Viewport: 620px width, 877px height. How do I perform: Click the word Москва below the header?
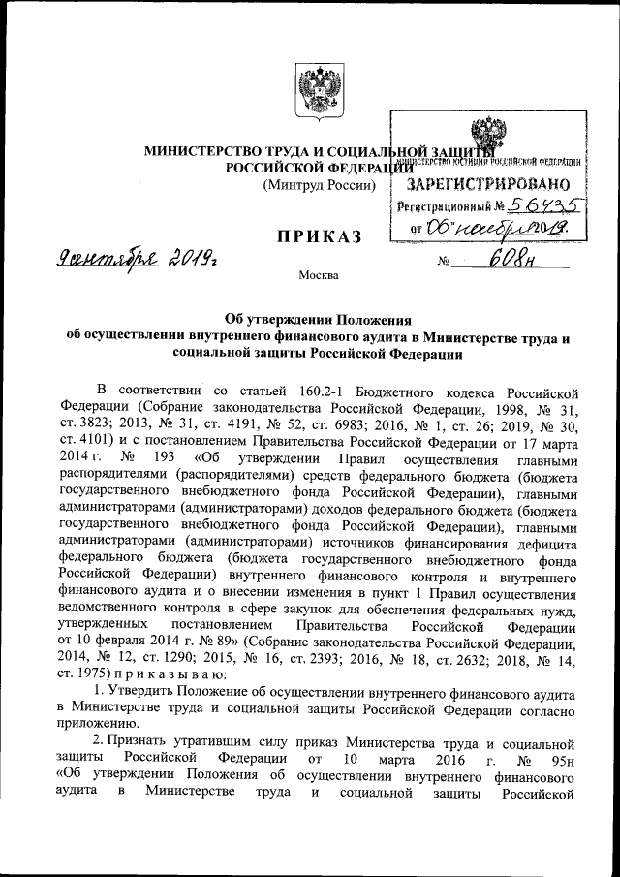319,277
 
